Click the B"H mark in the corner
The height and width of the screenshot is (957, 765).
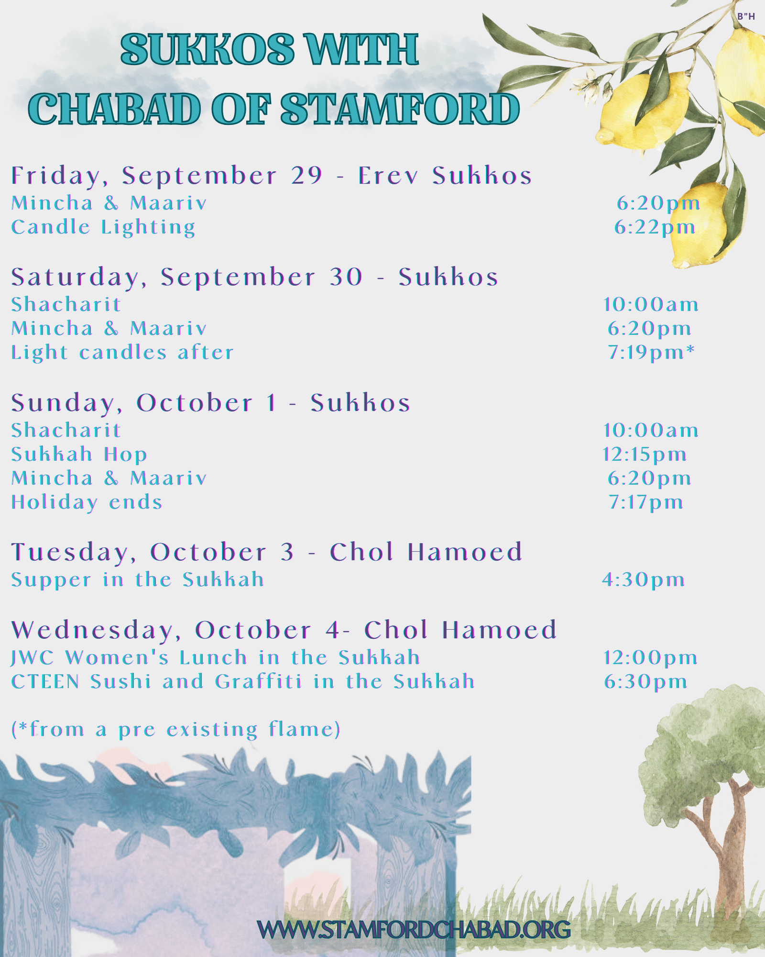746,16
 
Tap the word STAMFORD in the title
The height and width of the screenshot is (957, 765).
400,109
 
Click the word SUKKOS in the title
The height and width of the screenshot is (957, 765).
208,49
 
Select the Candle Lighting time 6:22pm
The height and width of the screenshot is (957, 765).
655,227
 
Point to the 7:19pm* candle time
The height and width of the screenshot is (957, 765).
651,352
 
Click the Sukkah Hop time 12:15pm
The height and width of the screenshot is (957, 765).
645,455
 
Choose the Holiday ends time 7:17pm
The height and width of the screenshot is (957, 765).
645,502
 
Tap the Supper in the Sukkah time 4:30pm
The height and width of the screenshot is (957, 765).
644,580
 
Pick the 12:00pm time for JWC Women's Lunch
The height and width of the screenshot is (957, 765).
650,658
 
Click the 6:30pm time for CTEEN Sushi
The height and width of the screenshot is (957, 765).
645,682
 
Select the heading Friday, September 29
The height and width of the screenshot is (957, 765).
167,176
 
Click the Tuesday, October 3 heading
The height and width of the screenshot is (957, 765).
153,552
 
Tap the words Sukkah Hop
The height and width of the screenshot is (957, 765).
79,454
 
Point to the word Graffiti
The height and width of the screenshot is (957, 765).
258,681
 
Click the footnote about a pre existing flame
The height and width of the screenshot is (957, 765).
176,729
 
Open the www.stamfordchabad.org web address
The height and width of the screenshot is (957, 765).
414,929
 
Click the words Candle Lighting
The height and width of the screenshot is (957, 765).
103,227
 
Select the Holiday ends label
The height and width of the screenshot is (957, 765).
87,502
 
